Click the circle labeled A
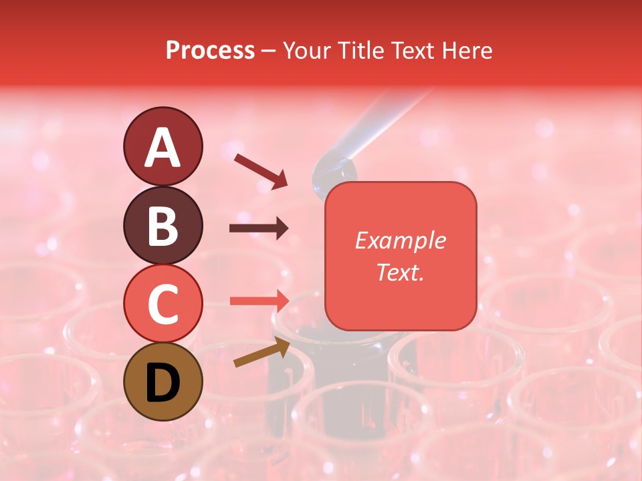163,146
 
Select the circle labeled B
163,225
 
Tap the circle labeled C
163,303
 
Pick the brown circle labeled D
163,381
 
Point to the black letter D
163,383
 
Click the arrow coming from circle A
261,170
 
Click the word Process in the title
210,51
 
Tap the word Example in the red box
400,240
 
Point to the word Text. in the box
400,272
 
